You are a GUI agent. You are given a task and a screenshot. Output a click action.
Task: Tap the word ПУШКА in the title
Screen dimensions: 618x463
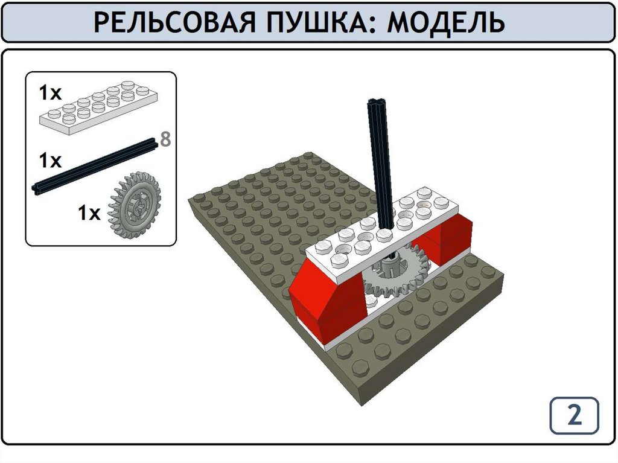point(316,22)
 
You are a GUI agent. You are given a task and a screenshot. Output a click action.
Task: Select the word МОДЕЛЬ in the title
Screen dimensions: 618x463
point(445,22)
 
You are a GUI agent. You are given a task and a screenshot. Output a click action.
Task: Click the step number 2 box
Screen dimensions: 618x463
point(575,415)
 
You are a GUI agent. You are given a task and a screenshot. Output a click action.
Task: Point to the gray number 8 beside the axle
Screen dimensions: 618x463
point(165,139)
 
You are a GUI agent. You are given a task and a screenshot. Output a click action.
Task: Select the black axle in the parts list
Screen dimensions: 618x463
point(95,166)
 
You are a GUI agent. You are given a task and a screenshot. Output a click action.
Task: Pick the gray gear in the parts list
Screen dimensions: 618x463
point(135,204)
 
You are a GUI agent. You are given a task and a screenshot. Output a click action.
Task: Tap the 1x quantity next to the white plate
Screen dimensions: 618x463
point(50,93)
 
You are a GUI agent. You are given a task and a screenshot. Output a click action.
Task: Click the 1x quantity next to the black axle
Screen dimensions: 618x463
point(50,161)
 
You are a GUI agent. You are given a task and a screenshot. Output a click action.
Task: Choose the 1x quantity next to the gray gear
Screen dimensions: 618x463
point(89,213)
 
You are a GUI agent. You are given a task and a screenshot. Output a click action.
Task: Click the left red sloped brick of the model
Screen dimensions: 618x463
point(328,304)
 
